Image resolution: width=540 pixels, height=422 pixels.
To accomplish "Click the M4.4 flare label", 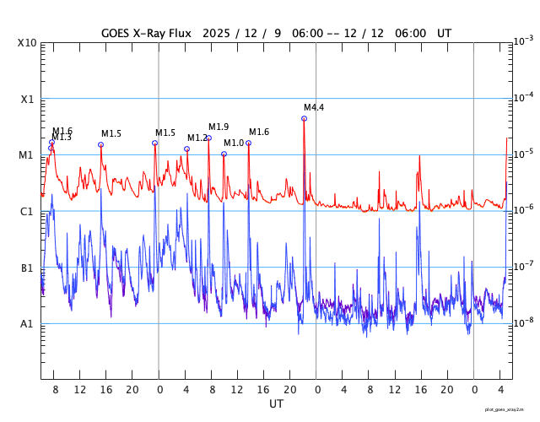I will [x=314, y=107].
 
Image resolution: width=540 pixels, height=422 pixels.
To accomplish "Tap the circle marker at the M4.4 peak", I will [x=304, y=118].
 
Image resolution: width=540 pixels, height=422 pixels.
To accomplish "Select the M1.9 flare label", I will [x=219, y=127].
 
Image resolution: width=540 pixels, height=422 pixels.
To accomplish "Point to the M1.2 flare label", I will [x=197, y=138].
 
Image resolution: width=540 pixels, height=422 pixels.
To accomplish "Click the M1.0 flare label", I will [x=233, y=143].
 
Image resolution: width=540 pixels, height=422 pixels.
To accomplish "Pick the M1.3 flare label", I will [x=62, y=138].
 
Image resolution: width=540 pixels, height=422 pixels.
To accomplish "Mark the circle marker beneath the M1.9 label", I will [x=208, y=138].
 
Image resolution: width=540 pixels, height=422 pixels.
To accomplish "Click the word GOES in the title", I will [x=116, y=34].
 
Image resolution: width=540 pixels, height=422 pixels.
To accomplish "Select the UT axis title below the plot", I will [x=276, y=404].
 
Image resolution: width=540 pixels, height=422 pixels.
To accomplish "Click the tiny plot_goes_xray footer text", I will [x=510, y=409].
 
